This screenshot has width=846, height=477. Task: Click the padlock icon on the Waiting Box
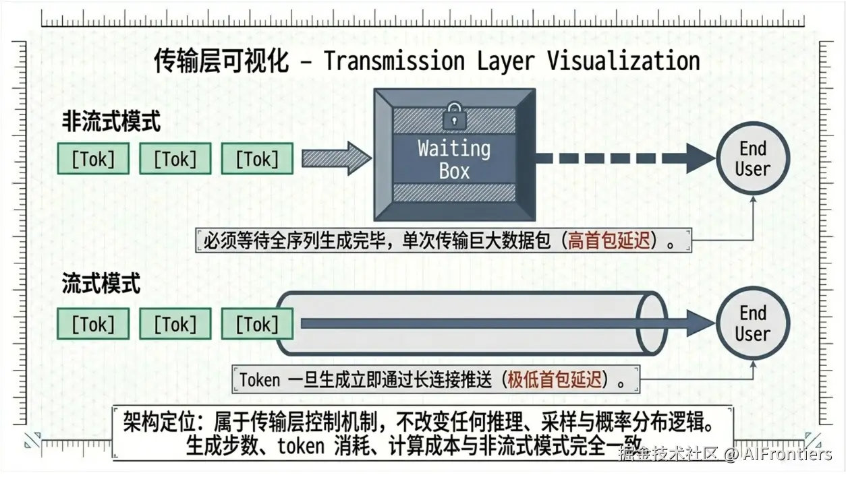[454, 116]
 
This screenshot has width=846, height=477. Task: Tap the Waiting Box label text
[454, 159]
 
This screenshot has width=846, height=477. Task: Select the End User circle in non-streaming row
[752, 158]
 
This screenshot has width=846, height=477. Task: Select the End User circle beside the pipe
[752, 323]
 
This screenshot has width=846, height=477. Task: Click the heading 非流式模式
[111, 123]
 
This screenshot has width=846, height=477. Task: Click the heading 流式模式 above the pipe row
[101, 284]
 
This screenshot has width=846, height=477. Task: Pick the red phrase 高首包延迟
[611, 241]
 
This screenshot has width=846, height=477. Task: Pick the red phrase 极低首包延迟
[555, 379]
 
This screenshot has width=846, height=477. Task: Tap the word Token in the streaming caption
[260, 380]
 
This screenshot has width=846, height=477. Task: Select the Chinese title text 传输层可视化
[221, 61]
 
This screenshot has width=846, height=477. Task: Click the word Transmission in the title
[394, 61]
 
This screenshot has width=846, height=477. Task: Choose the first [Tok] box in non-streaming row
[93, 160]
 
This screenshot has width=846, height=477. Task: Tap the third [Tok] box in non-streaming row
[257, 160]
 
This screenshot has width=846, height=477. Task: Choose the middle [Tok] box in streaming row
[175, 325]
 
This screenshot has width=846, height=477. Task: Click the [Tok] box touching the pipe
[257, 325]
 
